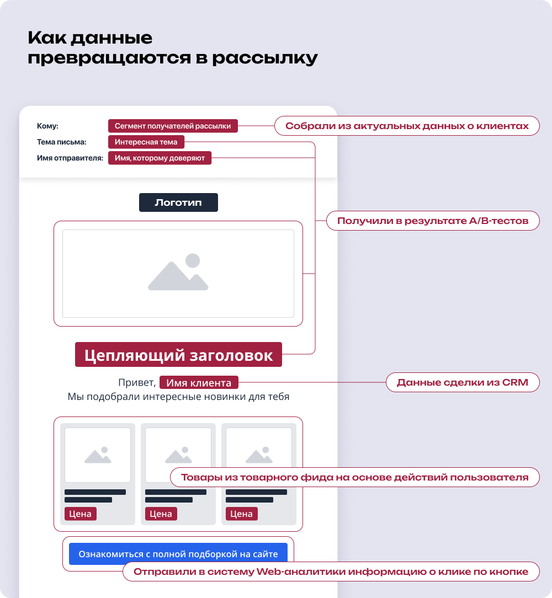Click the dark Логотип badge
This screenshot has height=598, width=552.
click(178, 202)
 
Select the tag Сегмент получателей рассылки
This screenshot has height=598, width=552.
click(173, 126)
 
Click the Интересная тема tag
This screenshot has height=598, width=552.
click(146, 142)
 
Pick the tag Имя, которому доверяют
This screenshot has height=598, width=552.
click(160, 158)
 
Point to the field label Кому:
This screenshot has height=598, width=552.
click(47, 126)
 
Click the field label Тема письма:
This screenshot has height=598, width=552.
click(61, 142)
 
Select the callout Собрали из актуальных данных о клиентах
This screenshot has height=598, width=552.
click(407, 126)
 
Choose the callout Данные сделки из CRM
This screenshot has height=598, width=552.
click(462, 382)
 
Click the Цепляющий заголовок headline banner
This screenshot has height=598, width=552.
click(178, 355)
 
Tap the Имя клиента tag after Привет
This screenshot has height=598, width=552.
click(199, 383)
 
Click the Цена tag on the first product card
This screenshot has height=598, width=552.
click(81, 514)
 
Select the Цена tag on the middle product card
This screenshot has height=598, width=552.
click(161, 514)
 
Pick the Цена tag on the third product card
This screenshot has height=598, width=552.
click(241, 514)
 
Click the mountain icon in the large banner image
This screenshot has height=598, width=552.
click(178, 273)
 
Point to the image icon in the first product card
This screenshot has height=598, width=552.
click(98, 455)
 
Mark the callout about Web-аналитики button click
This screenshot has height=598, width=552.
click(331, 572)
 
